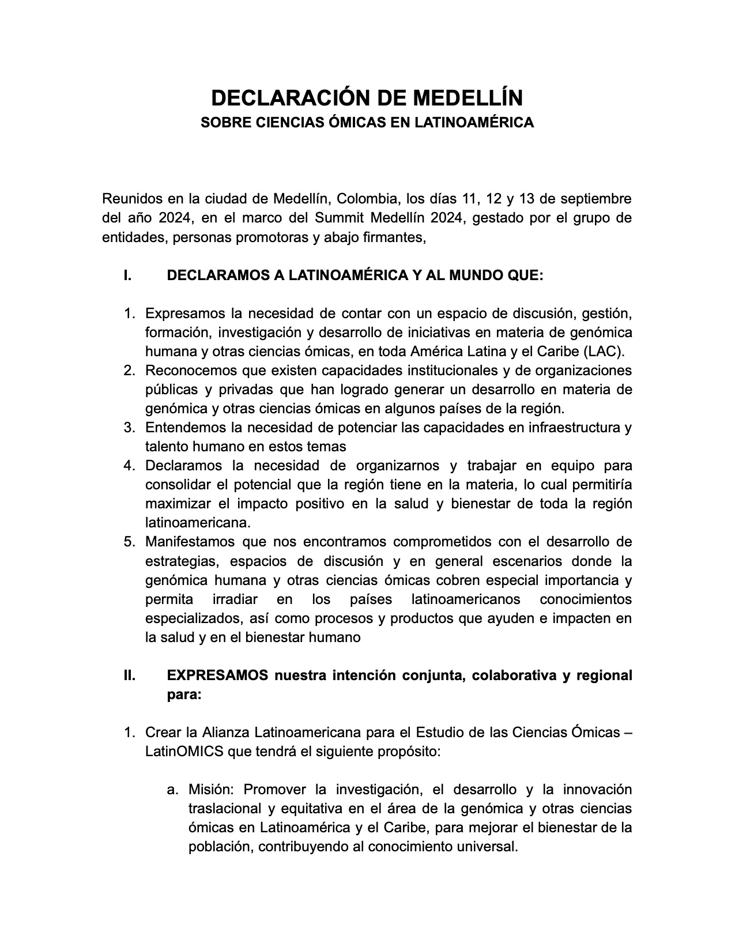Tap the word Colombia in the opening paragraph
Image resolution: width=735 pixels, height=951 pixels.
click(367, 199)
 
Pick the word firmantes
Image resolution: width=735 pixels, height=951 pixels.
click(397, 237)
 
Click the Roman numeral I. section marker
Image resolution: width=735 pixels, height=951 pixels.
click(127, 276)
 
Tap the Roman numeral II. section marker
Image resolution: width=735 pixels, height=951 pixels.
click(129, 675)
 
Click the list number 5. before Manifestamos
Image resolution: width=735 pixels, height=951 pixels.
click(129, 542)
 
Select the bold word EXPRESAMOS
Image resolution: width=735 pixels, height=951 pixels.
click(217, 675)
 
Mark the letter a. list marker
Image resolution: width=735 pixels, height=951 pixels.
click(173, 790)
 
